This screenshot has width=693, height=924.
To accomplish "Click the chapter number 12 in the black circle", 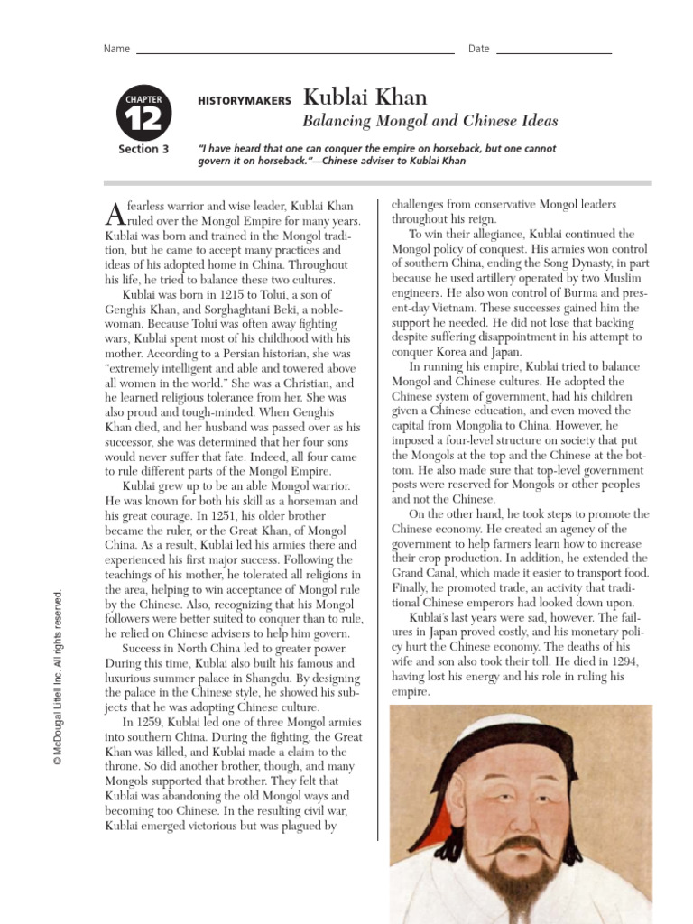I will click(x=143, y=119).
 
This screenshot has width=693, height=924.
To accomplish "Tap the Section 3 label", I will click(x=143, y=149).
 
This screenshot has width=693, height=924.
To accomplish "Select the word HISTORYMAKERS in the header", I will click(x=245, y=102).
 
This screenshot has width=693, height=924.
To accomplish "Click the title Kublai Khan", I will click(x=365, y=97).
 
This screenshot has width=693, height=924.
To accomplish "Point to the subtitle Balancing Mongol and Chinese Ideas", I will click(x=430, y=121).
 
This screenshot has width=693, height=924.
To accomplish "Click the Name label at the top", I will click(x=116, y=49).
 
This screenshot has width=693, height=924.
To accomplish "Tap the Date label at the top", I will click(x=478, y=49).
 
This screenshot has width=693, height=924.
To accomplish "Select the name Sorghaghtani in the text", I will click(x=240, y=309).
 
